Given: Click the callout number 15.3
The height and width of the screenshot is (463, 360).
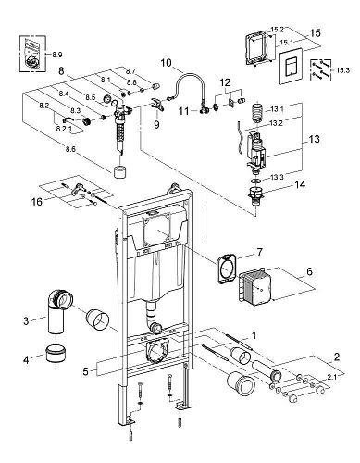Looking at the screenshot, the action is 342,70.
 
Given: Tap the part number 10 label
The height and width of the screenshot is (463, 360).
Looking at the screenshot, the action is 166,63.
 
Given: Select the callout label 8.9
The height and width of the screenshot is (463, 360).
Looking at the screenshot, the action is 57,55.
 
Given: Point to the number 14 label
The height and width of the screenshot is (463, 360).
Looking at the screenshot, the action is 300,184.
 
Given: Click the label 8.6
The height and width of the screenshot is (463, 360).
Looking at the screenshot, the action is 70,149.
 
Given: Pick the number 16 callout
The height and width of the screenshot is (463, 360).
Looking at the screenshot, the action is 37,202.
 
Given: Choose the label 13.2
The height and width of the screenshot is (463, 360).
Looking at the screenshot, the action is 276,123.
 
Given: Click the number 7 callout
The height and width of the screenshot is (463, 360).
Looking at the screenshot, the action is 259,252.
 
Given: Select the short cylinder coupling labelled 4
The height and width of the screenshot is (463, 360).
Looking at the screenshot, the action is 56,354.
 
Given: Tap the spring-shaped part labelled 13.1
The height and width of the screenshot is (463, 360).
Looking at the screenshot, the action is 258,113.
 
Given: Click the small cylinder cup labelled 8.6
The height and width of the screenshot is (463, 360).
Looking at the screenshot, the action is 120,172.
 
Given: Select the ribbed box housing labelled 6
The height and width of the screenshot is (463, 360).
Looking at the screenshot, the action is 254,286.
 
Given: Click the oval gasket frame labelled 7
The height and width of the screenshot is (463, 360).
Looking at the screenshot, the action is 226,268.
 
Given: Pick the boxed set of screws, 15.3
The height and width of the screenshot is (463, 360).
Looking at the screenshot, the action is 320,70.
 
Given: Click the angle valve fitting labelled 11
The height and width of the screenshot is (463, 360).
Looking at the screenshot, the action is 204,109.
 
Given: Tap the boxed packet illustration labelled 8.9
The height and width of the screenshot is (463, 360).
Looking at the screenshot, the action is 33,55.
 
